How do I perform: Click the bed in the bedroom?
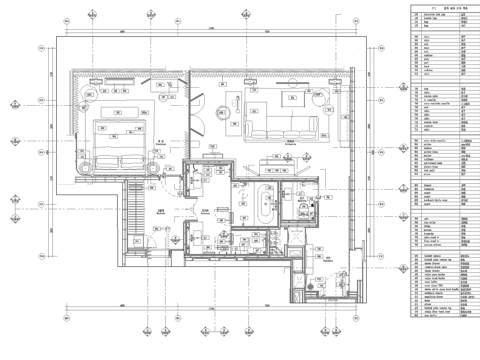tap(112, 137)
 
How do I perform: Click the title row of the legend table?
tap(438, 7)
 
